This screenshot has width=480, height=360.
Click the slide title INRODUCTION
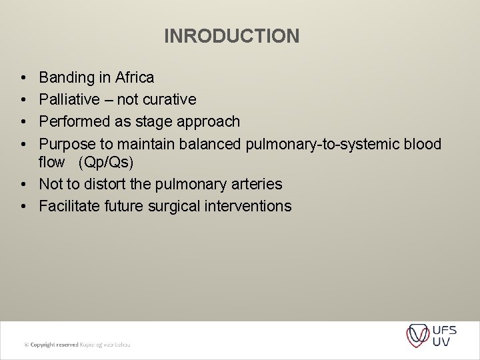click(x=231, y=36)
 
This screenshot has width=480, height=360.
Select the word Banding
click(x=67, y=78)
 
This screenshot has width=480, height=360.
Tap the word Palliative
click(x=70, y=99)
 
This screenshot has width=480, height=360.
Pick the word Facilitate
click(x=69, y=206)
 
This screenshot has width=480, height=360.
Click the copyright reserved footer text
click(x=77, y=345)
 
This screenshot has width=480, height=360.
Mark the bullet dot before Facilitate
click(x=23, y=206)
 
